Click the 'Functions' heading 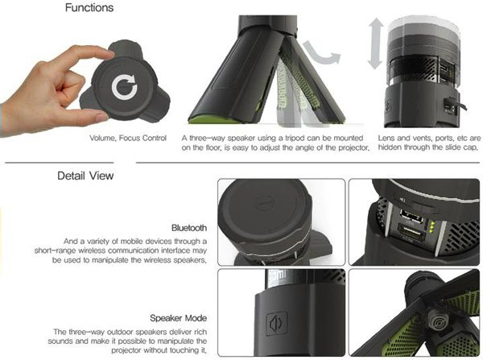(89, 7)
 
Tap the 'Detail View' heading (85, 176)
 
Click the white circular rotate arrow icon (125, 87)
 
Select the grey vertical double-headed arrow (376, 43)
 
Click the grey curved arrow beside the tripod (322, 53)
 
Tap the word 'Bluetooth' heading (189, 228)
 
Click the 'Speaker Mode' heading (179, 318)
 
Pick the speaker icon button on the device (277, 323)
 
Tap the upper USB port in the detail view (411, 216)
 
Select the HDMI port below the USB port (411, 233)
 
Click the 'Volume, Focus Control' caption (128, 138)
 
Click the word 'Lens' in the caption (387, 138)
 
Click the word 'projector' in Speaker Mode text (126, 350)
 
